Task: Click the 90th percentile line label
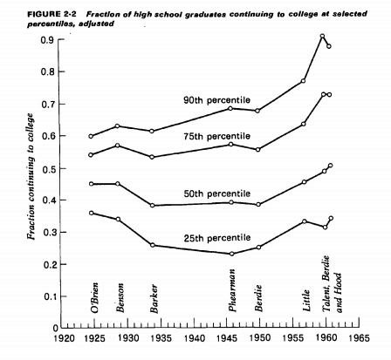point(216,100)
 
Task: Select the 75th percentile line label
point(216,136)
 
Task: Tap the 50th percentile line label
point(216,194)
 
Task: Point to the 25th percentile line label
point(216,238)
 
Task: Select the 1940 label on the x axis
point(194,338)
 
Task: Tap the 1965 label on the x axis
point(359,338)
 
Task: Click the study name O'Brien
point(94,297)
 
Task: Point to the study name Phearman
point(232,290)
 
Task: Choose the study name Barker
point(154,299)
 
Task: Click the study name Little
point(306,300)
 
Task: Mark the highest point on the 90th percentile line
point(322,36)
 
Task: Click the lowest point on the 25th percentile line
point(232,254)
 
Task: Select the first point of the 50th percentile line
point(91,184)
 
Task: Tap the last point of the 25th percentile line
point(331,218)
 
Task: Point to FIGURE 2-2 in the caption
point(51,14)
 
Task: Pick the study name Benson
point(120,297)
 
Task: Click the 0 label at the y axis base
point(56,328)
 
